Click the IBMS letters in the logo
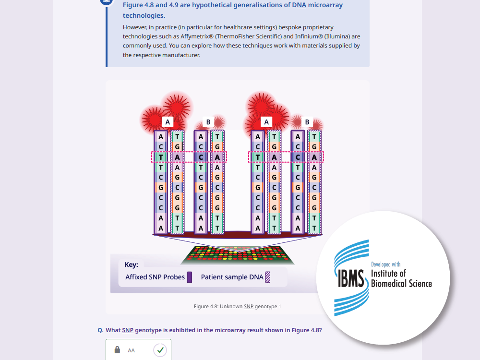[351, 278]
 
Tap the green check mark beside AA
[160, 350]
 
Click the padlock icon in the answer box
[117, 349]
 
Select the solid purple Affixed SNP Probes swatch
[190, 277]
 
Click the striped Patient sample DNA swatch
[267, 277]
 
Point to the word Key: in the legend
[132, 264]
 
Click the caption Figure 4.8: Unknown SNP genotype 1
[237, 306]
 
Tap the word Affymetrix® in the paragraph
[197, 36]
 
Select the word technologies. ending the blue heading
[144, 15]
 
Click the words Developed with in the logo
[386, 264]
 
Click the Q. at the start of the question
[100, 330]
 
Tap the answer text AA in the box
[132, 350]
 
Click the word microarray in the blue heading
[325, 5]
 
